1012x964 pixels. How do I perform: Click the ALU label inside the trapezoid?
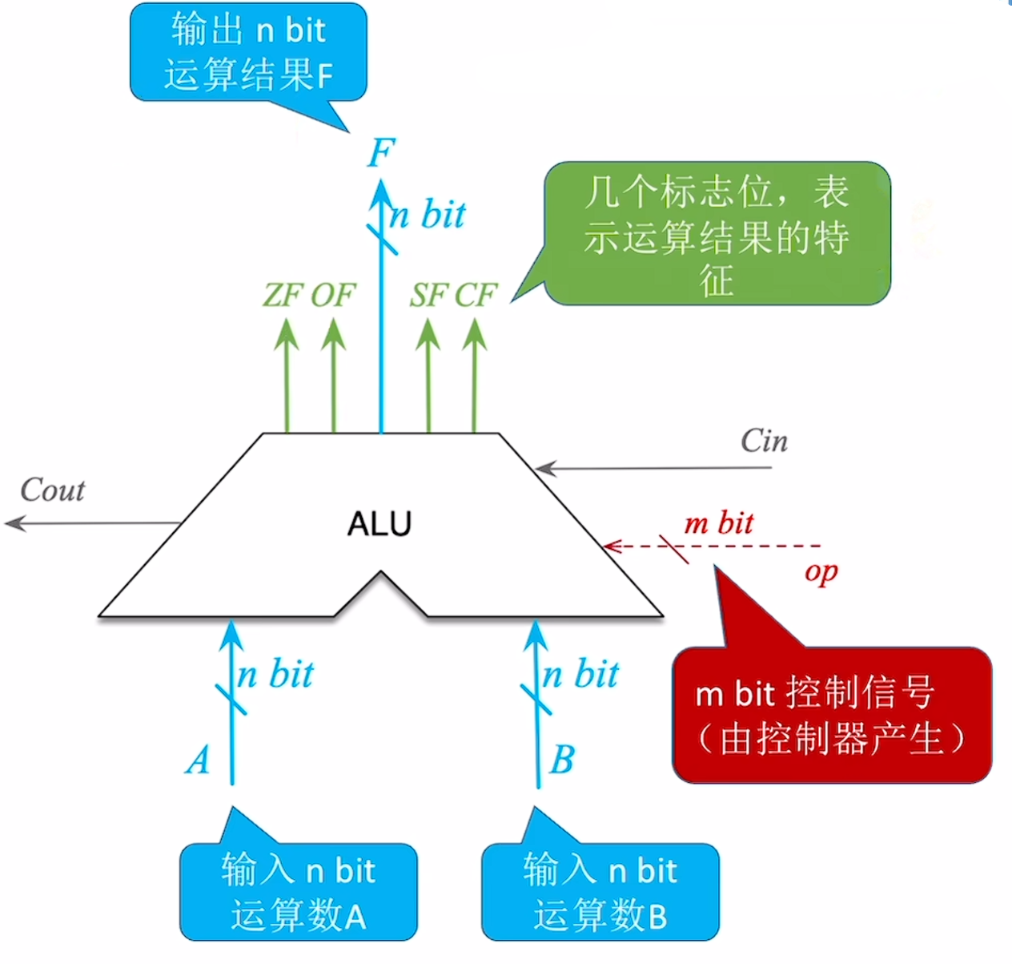[x=379, y=524]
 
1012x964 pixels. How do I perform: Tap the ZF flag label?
[x=283, y=296]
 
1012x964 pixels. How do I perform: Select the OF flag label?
[x=332, y=296]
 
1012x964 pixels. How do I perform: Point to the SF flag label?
[x=428, y=296]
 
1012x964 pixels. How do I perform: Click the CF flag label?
[x=476, y=296]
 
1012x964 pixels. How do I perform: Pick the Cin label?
[x=764, y=441]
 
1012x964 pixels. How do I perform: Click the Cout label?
[x=52, y=490]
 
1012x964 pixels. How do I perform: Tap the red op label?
[x=821, y=573]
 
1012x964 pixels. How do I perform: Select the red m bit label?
[x=718, y=523]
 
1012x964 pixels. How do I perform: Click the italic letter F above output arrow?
[x=382, y=152]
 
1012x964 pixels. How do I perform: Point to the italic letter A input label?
[x=198, y=760]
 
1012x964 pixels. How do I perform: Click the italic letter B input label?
[x=562, y=760]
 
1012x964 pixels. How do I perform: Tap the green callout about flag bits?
[x=717, y=234]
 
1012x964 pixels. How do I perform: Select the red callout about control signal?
[x=831, y=715]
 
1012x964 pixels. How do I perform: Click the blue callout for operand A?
[x=298, y=892]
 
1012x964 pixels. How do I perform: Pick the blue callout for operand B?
[x=600, y=892]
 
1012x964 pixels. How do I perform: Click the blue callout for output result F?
[x=248, y=53]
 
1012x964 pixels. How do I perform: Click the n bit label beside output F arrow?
[x=428, y=215]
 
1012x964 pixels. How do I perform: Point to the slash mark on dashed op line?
[x=674, y=548]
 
